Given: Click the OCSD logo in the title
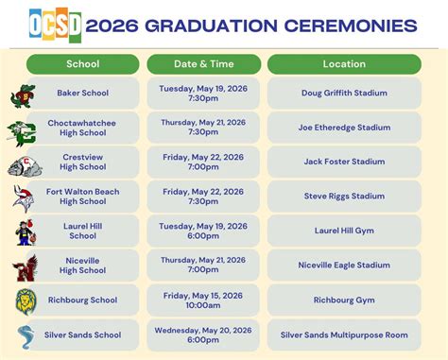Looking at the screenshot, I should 55,23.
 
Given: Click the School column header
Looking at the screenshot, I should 83,64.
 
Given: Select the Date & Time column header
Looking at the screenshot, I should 203,64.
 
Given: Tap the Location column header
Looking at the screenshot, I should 344,64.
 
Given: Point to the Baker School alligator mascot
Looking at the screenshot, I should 23,95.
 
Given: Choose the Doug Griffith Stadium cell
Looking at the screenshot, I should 344,94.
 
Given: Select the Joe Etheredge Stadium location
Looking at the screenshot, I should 344,128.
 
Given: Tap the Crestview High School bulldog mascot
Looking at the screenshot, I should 25,166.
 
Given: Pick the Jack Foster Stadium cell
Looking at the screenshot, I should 344,162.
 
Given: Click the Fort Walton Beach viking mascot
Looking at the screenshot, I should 24,197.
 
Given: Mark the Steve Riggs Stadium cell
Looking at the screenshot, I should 344,197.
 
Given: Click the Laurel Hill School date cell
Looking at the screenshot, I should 203,231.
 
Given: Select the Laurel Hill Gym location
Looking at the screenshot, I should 344,231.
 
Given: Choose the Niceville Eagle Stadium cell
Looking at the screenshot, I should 344,266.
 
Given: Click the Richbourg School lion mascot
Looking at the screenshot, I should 25,301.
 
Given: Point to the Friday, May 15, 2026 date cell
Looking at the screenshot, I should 203,300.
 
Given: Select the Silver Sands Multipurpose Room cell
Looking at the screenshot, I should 344,334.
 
